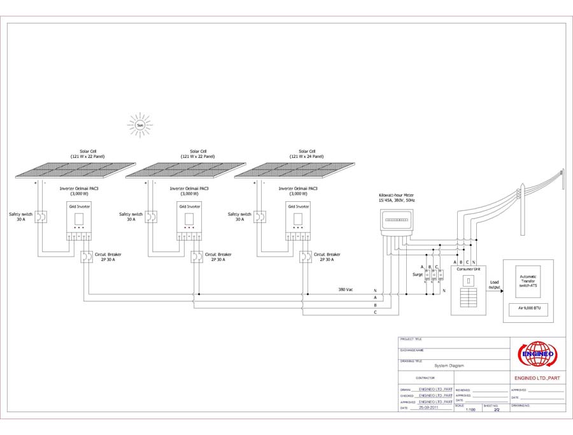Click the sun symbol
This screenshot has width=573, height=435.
(x=140, y=125)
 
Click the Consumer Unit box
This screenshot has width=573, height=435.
(x=469, y=290)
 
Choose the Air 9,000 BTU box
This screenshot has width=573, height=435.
(x=528, y=310)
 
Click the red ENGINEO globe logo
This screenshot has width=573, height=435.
(x=538, y=354)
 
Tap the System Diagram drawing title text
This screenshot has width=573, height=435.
(x=449, y=366)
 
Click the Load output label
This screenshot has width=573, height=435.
(x=493, y=284)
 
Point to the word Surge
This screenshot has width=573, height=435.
(x=418, y=275)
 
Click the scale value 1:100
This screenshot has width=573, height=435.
(x=470, y=410)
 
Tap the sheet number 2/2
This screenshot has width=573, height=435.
(x=497, y=410)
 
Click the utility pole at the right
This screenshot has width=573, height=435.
(x=561, y=185)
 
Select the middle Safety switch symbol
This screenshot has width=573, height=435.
(x=152, y=217)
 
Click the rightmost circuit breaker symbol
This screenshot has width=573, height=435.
(x=305, y=257)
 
